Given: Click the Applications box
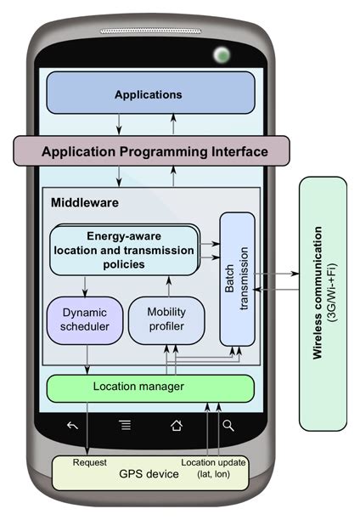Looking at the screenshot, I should point(149,93).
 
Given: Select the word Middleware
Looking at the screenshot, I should point(84,203).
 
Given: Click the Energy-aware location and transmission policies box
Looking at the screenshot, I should point(126,249).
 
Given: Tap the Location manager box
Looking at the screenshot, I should point(149,387).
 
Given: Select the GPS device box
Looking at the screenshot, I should point(149,473).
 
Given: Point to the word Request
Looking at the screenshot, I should point(90,463).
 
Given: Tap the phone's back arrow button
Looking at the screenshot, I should point(73,426).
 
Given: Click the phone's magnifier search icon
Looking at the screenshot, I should point(228,426).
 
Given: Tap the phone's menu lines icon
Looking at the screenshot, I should point(126,426).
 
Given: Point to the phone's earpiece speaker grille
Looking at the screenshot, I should point(150,31).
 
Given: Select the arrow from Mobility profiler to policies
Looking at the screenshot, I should point(168,285).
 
